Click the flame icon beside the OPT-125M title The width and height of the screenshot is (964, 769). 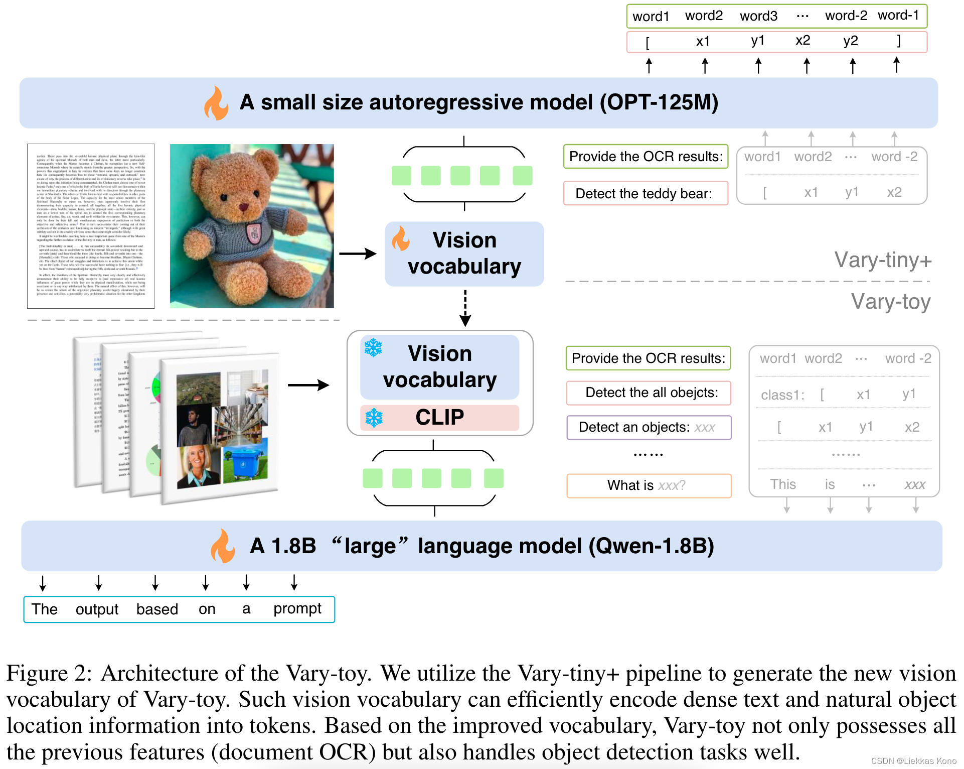[x=216, y=103]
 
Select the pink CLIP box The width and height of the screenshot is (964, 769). [x=439, y=418]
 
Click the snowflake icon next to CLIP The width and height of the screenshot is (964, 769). [x=374, y=418]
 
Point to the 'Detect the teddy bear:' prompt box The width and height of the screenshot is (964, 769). [x=646, y=193]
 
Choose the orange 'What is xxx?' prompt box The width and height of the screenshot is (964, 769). [x=649, y=485]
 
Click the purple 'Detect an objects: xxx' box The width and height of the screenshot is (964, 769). [x=649, y=427]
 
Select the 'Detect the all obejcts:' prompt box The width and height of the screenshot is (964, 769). [x=649, y=393]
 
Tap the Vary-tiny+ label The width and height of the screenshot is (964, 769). [x=883, y=260]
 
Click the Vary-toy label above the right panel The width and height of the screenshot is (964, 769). [x=890, y=302]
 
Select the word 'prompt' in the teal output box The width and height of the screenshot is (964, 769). [x=297, y=609]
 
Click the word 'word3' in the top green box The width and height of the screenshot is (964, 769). [x=758, y=16]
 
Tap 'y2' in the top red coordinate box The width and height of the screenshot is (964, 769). [x=850, y=41]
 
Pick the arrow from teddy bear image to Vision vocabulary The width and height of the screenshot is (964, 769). [x=358, y=253]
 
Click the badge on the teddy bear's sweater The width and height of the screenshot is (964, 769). [x=254, y=232]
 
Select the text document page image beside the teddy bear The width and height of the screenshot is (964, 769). [x=91, y=226]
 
